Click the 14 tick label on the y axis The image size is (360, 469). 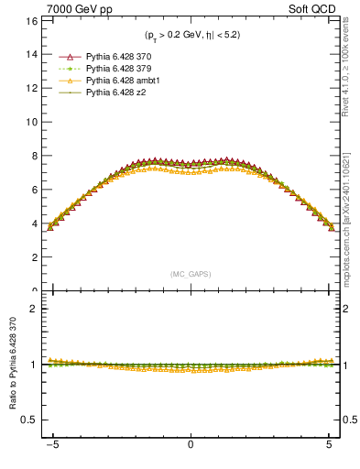[x=31, y=54]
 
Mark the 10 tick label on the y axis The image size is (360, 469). [x=31, y=122]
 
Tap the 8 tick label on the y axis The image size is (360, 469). [x=34, y=156]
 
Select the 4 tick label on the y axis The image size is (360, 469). [x=34, y=224]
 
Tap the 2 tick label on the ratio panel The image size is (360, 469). [x=34, y=309]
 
